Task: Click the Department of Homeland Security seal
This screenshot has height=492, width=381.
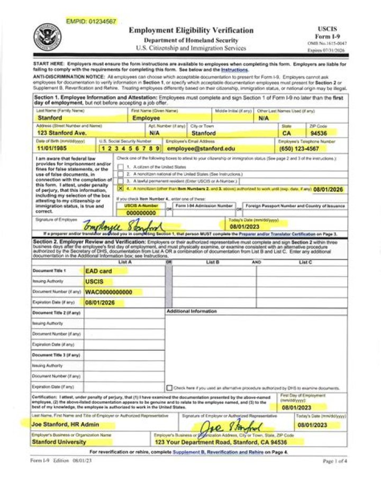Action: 48,36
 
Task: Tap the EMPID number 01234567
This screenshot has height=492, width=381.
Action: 91,21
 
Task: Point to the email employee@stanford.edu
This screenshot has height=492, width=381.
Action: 201,148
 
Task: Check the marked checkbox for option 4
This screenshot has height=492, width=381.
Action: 121,188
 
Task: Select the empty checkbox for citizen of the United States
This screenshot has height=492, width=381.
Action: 121,166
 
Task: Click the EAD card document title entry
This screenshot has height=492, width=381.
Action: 99,271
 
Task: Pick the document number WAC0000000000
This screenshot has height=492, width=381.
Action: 109,292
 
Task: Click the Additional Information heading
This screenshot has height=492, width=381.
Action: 192,312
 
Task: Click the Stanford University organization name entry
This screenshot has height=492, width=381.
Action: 59,442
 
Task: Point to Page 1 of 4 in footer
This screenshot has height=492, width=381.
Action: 335,461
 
